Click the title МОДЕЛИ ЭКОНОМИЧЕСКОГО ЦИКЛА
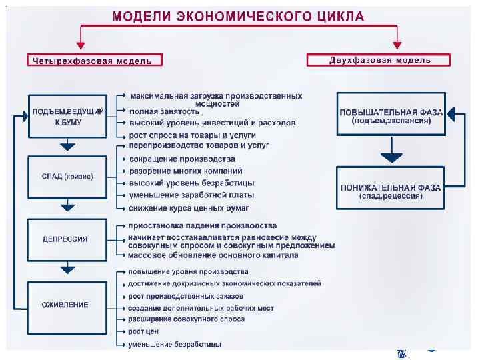point(238,17)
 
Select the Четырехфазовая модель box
point(95,60)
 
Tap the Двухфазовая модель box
point(379,60)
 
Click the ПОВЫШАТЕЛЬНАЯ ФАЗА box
point(390,117)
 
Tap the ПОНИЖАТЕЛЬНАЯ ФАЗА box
point(390,191)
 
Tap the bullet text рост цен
point(143,331)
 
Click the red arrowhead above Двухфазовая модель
point(397,45)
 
